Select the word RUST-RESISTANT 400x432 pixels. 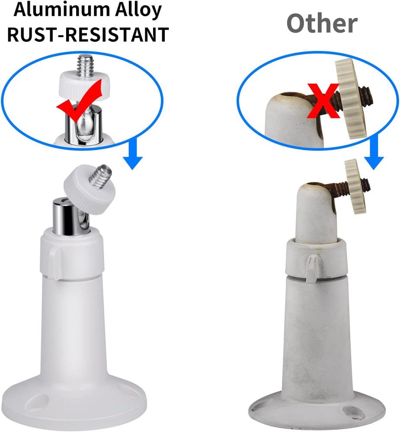[x=88, y=35]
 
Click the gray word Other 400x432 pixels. [x=322, y=24]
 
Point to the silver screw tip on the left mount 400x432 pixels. [x=101, y=175]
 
